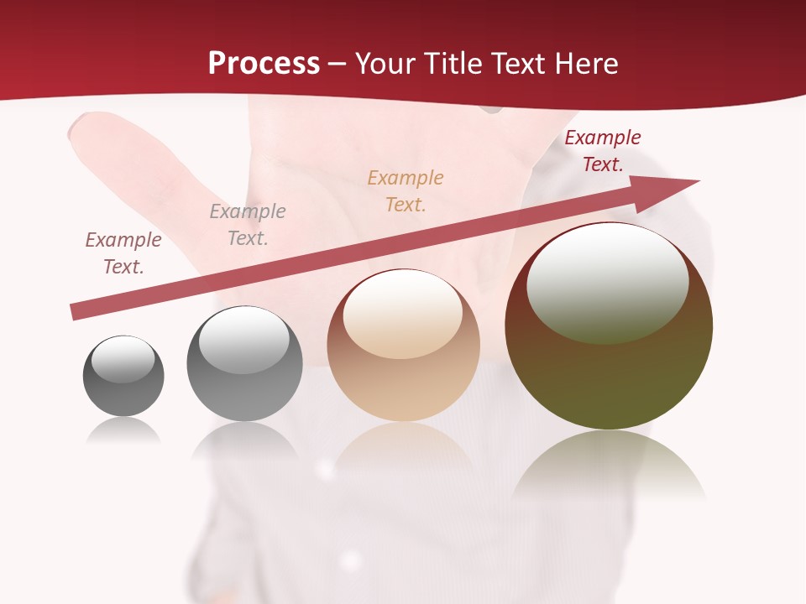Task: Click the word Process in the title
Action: point(264,64)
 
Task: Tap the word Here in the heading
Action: point(584,64)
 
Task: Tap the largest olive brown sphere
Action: point(609,369)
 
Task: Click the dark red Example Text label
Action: point(603,151)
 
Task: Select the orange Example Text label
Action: point(406,190)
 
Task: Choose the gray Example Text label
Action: point(248,224)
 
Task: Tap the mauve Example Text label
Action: point(123,253)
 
